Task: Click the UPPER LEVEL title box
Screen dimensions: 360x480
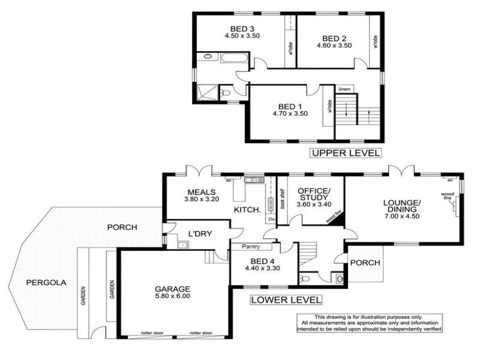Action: click(x=346, y=153)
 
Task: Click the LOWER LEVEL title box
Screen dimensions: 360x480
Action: click(x=286, y=299)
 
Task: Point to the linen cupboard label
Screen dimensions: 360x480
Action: click(x=344, y=89)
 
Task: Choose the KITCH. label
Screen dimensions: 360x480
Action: click(x=247, y=210)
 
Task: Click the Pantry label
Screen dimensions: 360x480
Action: click(x=251, y=246)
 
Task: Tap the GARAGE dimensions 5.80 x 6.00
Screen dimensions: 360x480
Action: click(x=174, y=296)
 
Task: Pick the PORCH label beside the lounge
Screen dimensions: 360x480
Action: click(x=365, y=262)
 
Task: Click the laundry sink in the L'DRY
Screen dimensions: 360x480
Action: click(x=182, y=244)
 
